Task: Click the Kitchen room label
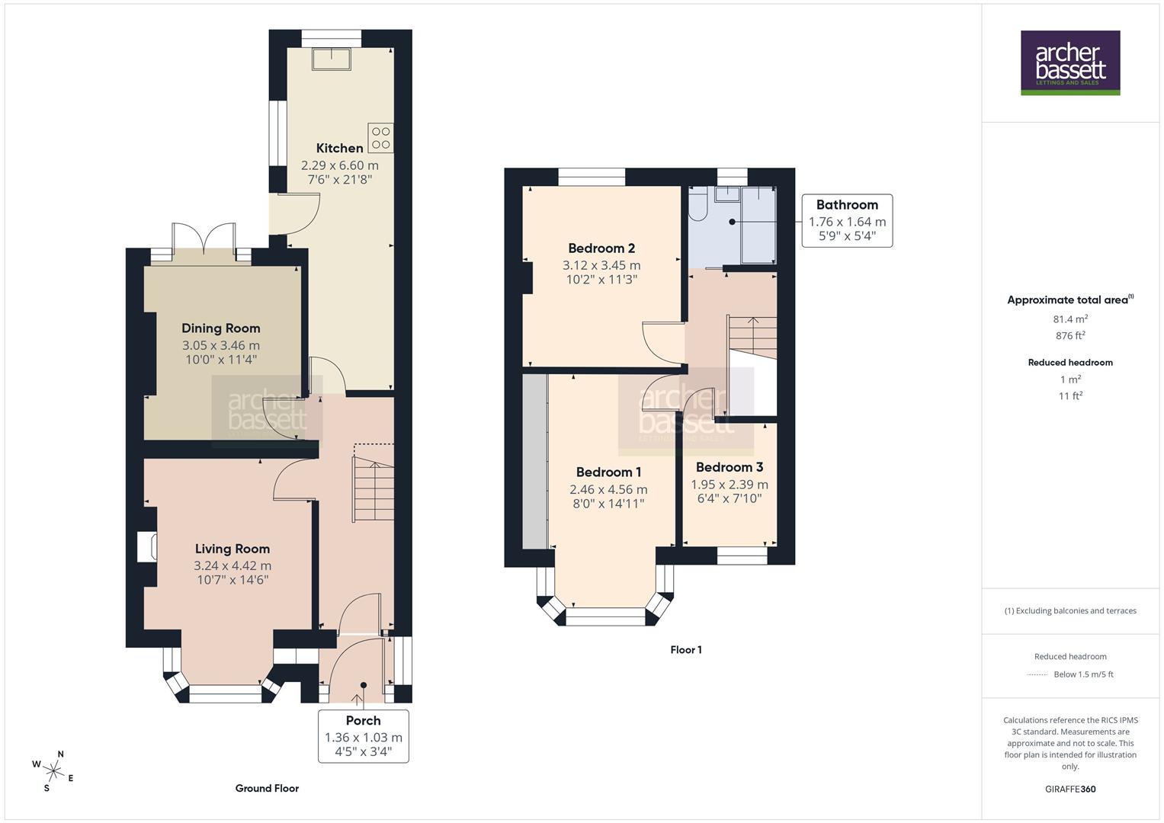339,148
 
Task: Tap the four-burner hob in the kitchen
380,138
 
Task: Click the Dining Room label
220,328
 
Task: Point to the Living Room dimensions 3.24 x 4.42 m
232,565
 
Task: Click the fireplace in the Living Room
147,547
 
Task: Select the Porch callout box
363,735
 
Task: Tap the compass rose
53,770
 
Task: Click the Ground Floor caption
267,788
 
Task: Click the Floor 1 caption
685,650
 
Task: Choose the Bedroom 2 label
601,248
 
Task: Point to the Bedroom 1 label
608,472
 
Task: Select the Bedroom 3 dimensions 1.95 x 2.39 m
730,485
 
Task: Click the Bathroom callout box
847,220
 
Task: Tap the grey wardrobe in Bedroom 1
535,461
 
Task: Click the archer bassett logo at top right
1070,62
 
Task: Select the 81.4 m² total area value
1070,319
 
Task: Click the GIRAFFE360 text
1070,789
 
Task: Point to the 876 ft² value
1070,335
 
